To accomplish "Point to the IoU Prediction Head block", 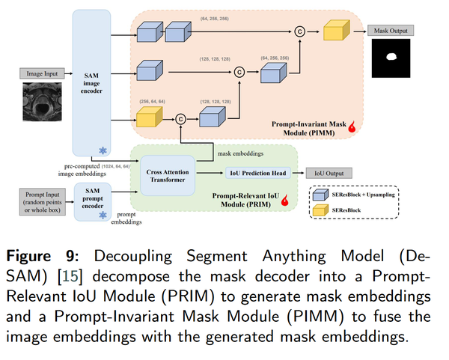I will (257, 173).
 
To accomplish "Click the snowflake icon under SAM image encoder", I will (103, 151).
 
